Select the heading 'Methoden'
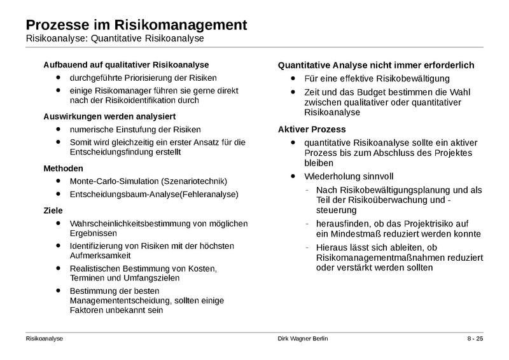62,169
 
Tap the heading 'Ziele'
53,210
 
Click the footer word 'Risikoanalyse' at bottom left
45,340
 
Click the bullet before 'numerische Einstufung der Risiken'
59,129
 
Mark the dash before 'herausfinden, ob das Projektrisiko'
308,223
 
